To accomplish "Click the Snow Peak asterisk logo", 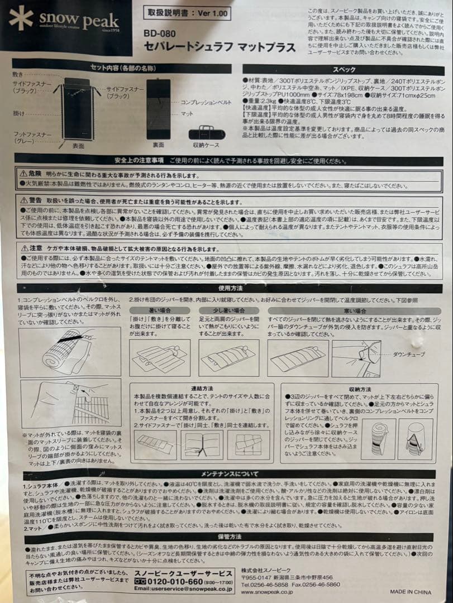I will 21,18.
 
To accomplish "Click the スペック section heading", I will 344,70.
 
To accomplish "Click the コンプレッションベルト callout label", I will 206,103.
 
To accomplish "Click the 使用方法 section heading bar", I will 230,288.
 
